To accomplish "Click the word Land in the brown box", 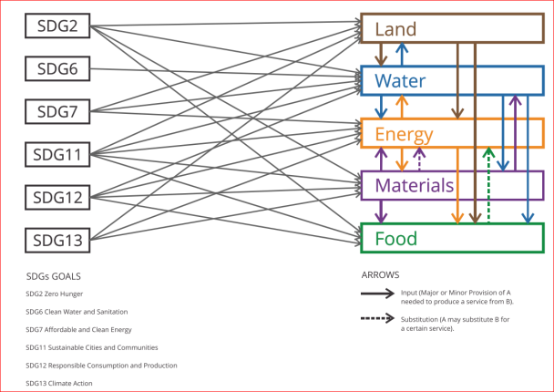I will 396,28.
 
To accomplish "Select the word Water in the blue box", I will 401,81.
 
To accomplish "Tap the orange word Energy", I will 404,135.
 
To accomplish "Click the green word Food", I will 396,239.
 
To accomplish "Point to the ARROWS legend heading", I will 380,274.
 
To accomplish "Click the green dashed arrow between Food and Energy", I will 489,187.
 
